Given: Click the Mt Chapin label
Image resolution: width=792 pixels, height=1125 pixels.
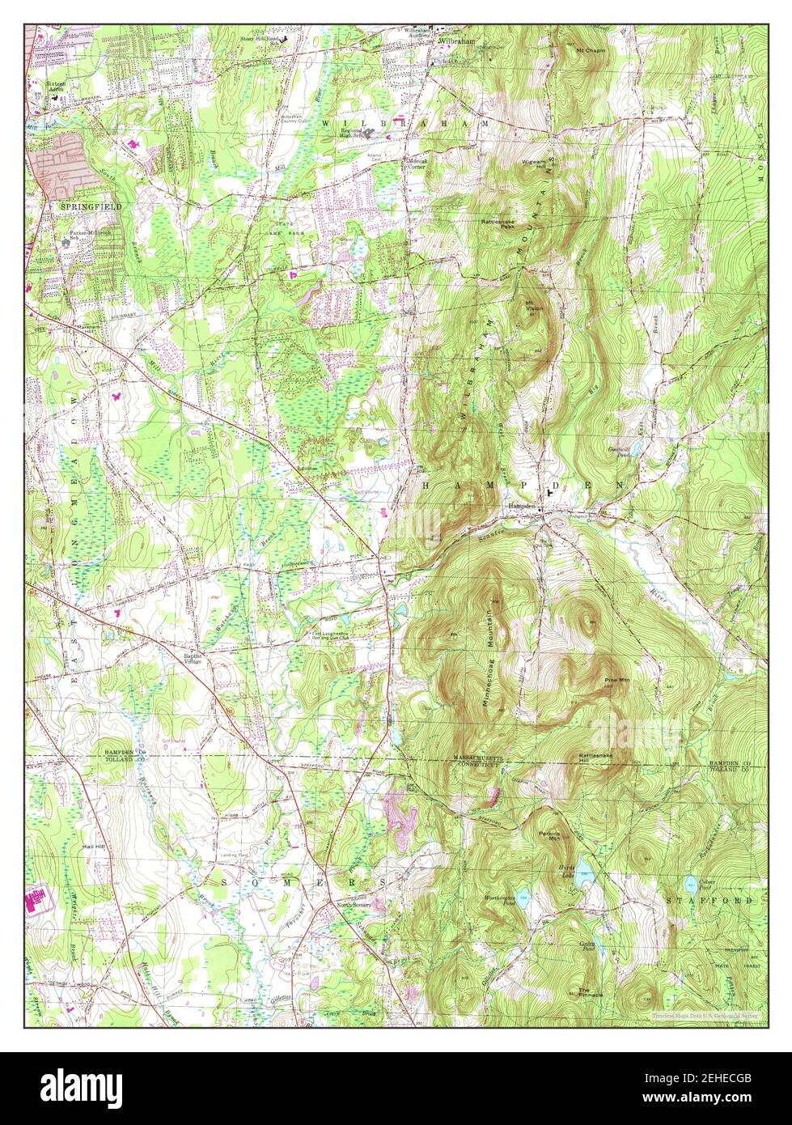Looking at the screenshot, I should click(590, 50).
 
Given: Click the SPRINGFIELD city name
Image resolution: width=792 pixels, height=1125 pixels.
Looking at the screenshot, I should click(91, 207).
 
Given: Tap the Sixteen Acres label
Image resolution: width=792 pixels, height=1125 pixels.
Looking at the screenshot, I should click(56, 86).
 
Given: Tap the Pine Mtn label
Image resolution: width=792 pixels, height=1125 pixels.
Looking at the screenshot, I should click(616, 680).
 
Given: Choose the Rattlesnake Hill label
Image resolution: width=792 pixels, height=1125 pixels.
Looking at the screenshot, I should click(595, 758).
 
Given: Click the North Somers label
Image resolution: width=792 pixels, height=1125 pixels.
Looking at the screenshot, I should click(354, 905).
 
